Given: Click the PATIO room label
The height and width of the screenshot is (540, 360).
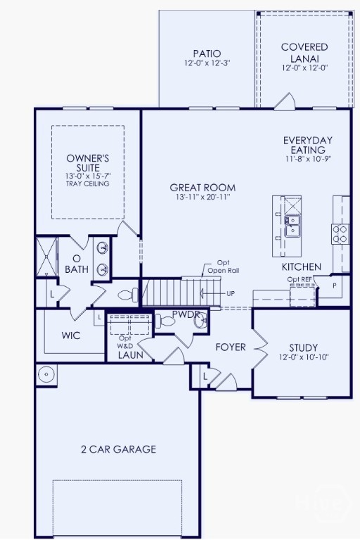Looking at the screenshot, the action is click(207, 53).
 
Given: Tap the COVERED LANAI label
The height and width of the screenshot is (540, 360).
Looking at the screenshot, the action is click(304, 52).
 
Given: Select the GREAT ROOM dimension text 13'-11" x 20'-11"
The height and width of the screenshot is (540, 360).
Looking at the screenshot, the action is click(202, 197).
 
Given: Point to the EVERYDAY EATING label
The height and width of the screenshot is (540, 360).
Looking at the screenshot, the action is click(308, 145).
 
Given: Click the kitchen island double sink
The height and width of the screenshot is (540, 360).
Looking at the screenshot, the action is click(292, 226).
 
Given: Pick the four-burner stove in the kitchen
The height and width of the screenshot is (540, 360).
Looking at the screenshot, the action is click(340, 234).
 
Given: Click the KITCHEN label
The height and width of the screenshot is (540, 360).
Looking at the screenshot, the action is click(302, 267).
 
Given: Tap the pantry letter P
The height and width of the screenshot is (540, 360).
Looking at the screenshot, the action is click(334, 286).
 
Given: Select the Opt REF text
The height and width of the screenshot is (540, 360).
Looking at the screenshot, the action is click(300, 279).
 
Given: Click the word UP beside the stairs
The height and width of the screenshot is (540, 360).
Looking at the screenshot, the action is click(231, 294).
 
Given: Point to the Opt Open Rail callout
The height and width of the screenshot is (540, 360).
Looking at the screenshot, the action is click(223, 267).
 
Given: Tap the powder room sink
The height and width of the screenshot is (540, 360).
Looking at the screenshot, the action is click(200, 321).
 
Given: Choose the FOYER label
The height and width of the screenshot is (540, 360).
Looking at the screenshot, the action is click(231, 347).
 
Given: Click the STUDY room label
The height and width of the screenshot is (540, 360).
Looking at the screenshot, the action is click(304, 347).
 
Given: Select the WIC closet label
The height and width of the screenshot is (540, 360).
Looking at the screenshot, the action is click(71, 335).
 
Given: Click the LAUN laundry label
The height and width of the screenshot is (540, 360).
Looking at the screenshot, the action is click(131, 354).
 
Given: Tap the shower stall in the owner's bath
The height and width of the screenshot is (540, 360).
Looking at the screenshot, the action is click(47, 256).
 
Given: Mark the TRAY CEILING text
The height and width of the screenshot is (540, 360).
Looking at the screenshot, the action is click(87, 184).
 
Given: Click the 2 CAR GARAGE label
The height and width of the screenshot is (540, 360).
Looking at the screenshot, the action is click(119, 449).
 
